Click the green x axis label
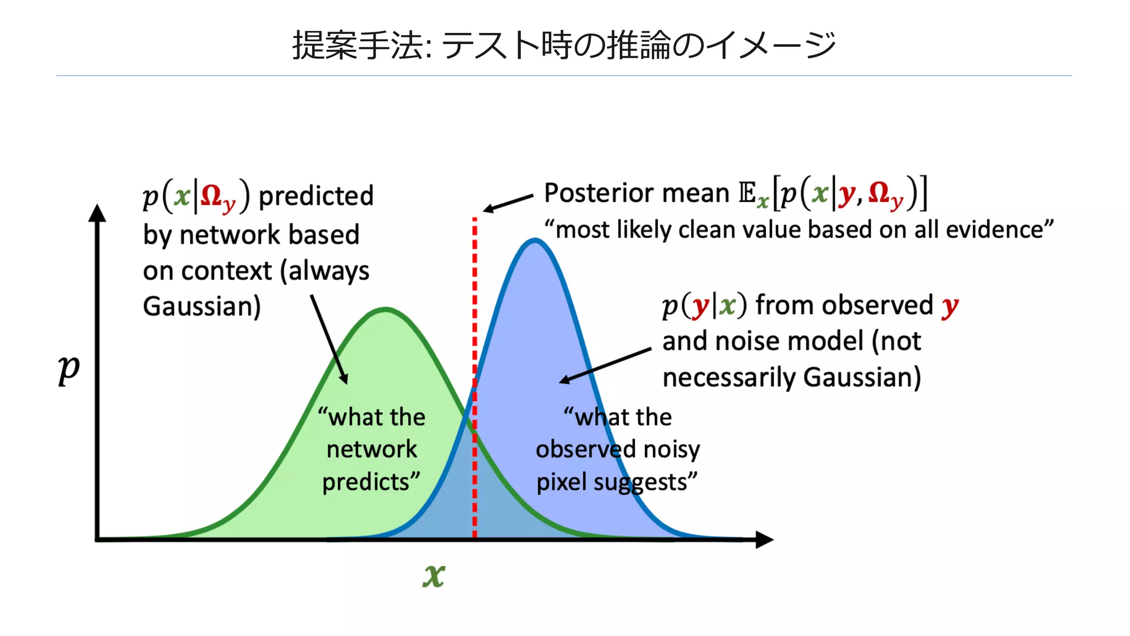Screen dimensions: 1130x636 (434, 576)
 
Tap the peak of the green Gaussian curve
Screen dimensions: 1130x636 (386, 309)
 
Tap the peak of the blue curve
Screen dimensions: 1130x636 (534, 240)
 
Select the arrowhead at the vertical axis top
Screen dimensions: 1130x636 (97, 213)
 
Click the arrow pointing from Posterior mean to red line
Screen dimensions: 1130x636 (508, 202)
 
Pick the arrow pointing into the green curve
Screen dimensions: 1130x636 (329, 339)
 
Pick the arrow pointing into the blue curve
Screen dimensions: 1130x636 (605, 365)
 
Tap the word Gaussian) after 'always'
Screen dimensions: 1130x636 (202, 307)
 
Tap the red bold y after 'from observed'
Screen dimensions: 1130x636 (950, 306)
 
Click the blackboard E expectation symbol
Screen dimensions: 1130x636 (748, 193)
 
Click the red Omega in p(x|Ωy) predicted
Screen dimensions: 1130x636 (212, 195)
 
